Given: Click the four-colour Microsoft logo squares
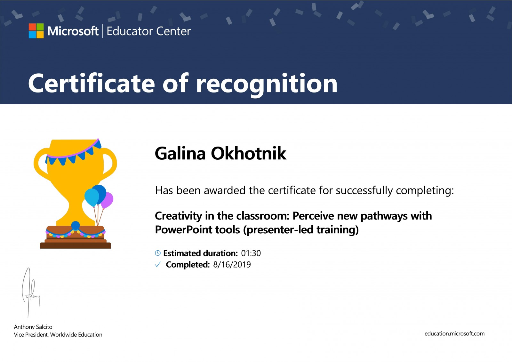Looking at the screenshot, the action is [36, 31].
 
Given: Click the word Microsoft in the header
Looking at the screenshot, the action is [73, 31].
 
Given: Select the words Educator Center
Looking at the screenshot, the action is [148, 31].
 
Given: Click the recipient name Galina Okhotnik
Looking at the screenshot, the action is [220, 153].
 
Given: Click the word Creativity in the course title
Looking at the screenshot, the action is [178, 216].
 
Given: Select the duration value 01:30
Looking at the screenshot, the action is [251, 253].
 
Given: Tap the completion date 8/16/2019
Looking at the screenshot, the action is [232, 265].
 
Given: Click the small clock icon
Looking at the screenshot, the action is [158, 253].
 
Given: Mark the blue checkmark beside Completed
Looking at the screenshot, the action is [158, 265].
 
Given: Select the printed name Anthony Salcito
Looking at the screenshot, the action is [33, 327].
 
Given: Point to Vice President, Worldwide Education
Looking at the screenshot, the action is [58, 334].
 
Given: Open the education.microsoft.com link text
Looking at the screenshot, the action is [454, 334].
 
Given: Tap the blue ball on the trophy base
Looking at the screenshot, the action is [76, 225].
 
